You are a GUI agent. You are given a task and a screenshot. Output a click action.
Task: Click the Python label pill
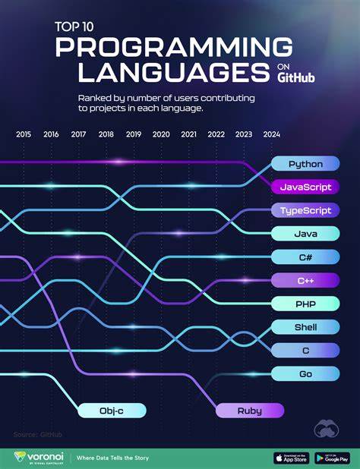[x=305, y=164]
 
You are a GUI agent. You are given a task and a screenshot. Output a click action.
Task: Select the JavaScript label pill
[x=305, y=187]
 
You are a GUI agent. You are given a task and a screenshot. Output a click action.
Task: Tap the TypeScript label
[x=305, y=210]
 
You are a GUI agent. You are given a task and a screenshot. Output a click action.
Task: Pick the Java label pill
[x=305, y=234]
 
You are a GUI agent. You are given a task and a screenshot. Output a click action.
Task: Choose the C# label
[x=305, y=257]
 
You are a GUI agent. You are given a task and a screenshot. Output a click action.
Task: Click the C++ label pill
[x=305, y=281]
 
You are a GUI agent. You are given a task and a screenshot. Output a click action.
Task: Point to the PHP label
[x=305, y=304]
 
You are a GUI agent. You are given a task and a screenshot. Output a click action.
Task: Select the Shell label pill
[x=305, y=327]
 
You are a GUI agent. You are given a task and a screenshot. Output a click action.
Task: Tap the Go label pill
[x=305, y=373]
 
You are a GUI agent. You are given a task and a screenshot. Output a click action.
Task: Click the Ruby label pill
[x=249, y=411]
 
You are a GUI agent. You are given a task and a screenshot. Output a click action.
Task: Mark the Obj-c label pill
[x=111, y=411]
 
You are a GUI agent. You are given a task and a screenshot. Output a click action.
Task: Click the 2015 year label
[x=24, y=134]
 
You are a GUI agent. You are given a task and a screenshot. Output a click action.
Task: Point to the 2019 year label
[x=134, y=134]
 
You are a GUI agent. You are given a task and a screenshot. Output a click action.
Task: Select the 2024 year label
[x=271, y=134]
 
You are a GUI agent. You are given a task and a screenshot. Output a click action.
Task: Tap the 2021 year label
[x=188, y=134]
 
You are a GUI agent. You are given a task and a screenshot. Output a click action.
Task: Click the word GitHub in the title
[x=296, y=77]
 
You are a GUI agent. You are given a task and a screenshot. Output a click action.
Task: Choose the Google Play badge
[x=333, y=458]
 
